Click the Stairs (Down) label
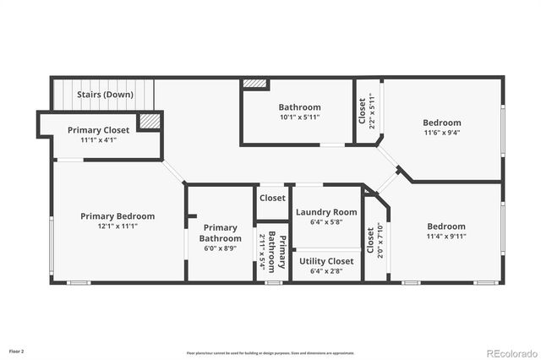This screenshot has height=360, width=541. click(105, 95)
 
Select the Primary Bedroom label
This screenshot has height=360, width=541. click(120, 216)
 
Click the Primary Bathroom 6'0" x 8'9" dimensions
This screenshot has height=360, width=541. click(220, 248)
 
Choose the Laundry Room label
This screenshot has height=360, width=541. click(325, 212)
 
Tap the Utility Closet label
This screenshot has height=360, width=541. click(326, 261)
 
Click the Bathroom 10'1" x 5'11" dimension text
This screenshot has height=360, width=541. click(299, 117)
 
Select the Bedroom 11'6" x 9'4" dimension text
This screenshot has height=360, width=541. click(442, 133)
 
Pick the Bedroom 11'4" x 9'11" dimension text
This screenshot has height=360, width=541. click(445, 237)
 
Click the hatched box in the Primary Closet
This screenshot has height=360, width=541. click(150, 122)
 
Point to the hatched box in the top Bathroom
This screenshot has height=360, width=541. click(255, 84)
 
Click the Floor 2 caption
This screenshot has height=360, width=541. click(17, 350)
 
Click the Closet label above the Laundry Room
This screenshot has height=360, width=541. click(272, 198)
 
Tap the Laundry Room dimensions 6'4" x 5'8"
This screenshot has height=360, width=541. click(325, 222)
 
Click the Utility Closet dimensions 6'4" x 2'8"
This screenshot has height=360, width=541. click(326, 271)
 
